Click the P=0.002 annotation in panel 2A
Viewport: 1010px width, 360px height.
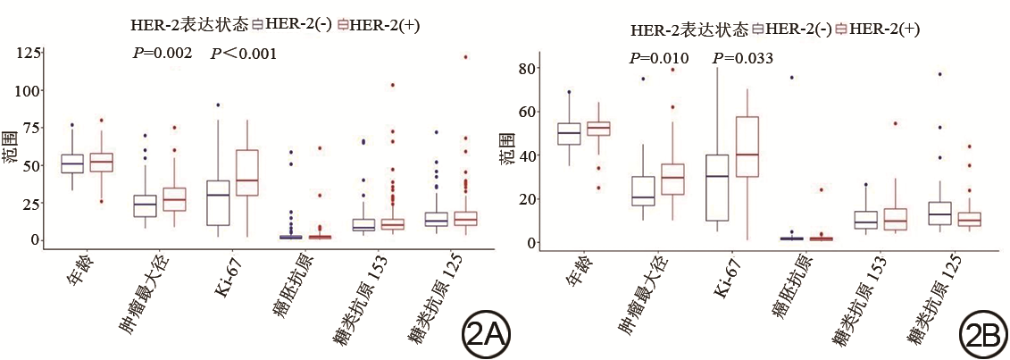[159, 54]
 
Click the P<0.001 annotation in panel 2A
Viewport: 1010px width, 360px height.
[243, 54]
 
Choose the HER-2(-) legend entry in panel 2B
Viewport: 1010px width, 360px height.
[793, 30]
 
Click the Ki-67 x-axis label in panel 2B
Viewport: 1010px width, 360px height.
[722, 278]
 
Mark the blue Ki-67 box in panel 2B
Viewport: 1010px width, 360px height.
[716, 188]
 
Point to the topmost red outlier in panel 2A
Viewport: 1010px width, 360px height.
[465, 57]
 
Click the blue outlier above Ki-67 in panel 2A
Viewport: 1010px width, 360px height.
[219, 105]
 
